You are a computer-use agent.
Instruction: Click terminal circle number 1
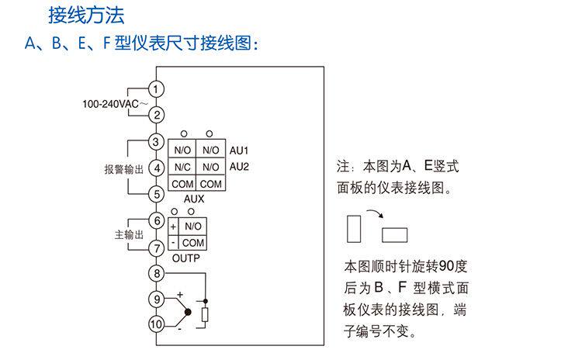coord(156,89)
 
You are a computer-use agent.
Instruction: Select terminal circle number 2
coord(156,115)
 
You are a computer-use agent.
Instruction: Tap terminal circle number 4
coord(156,168)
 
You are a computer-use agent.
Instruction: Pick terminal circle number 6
coord(156,221)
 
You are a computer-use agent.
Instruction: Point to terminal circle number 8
coord(156,273)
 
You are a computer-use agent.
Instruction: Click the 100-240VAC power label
coord(114,103)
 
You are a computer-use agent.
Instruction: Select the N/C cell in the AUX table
coord(182,167)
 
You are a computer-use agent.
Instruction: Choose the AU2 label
coord(239,167)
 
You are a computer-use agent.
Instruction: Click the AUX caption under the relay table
coord(194,199)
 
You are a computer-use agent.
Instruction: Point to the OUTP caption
coord(186,258)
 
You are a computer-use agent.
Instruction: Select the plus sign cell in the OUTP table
coord(173,226)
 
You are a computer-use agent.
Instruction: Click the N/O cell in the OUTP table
coord(193,226)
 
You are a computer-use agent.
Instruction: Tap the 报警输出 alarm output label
coord(124,168)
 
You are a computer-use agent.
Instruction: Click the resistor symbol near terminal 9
coord(206,315)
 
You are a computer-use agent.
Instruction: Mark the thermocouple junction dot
coord(187,312)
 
